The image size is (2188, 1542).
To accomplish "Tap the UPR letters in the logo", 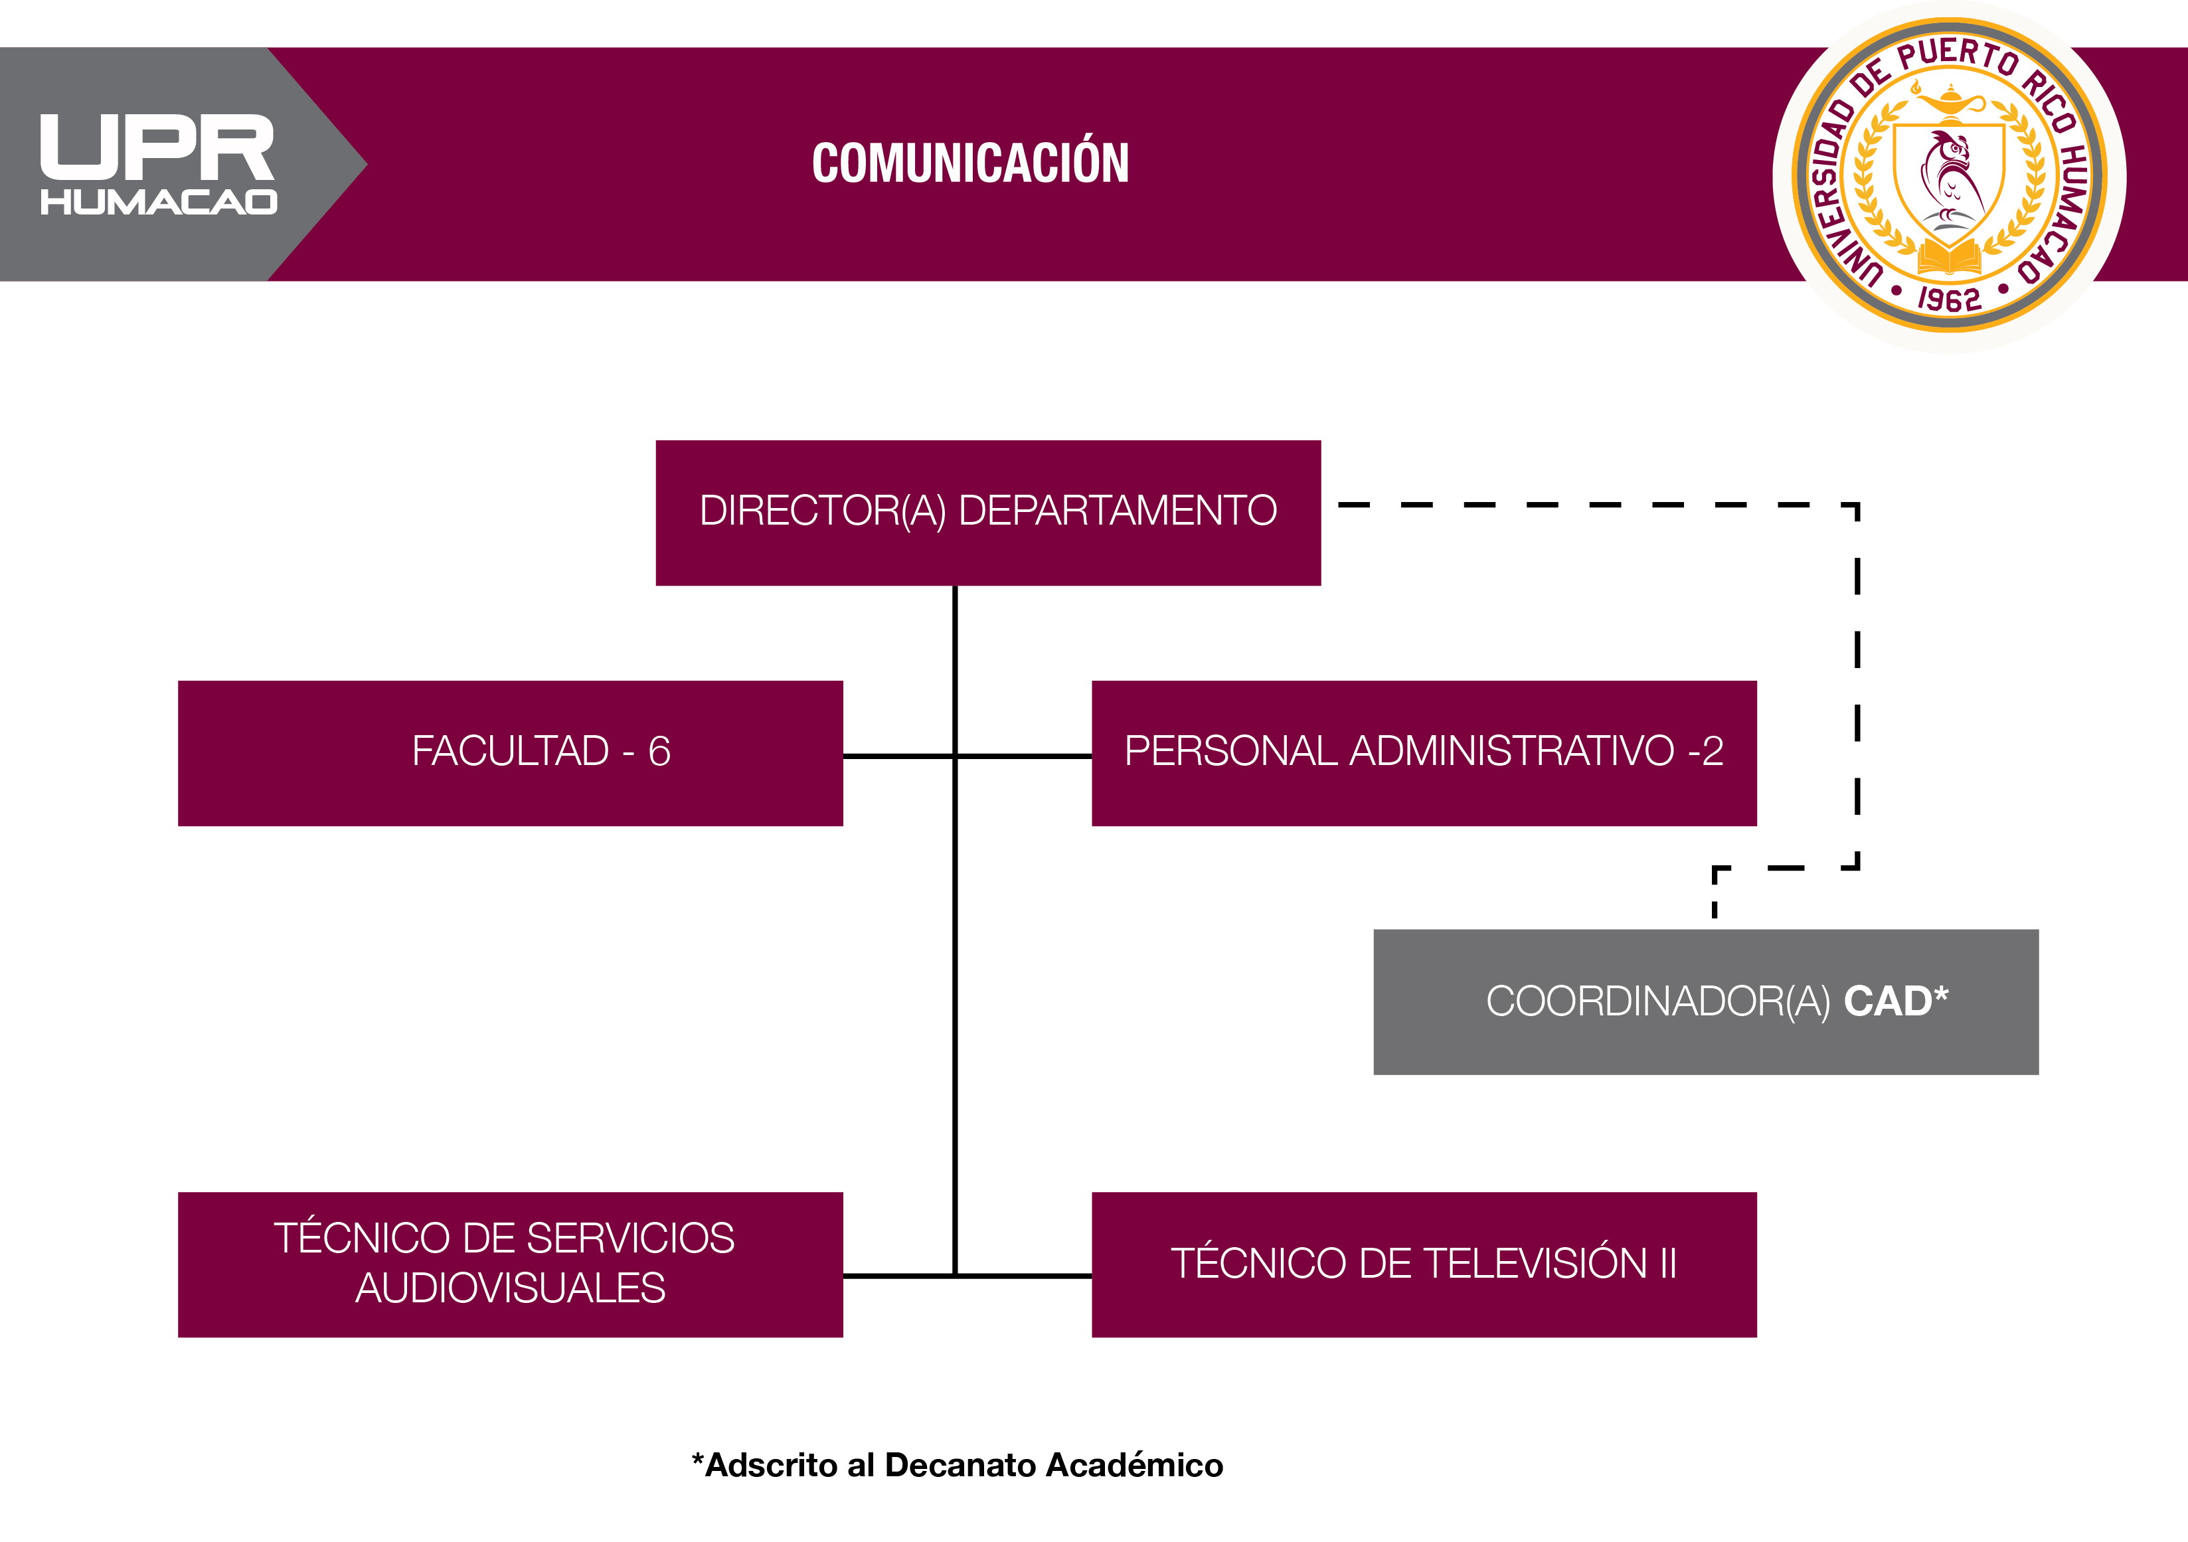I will [157, 147].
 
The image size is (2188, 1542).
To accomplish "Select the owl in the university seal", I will [1949, 176].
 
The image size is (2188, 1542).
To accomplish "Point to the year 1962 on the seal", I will [1949, 300].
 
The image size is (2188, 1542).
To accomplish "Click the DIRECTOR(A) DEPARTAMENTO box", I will [988, 513].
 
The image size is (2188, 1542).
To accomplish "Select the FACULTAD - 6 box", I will [510, 753].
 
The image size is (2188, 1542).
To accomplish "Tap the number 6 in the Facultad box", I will [659, 752].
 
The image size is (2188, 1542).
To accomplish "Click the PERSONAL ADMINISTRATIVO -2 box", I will [1424, 753].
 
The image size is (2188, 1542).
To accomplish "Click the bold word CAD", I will [1888, 1001].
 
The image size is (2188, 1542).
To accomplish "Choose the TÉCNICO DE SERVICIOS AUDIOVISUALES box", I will [510, 1264].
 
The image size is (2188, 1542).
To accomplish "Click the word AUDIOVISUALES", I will [510, 1288].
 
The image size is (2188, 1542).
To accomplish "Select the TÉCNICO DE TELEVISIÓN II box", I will [1424, 1264].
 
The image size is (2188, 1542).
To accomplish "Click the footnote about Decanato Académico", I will [958, 1465].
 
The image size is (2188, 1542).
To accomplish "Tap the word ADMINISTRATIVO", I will [1513, 751].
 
